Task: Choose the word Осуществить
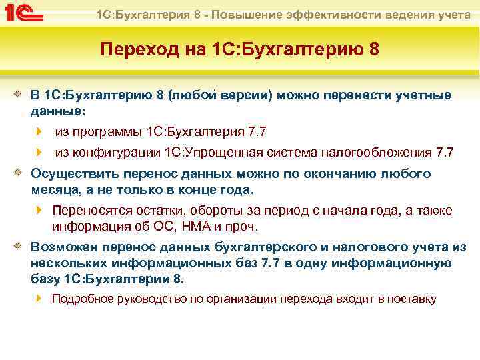(x=71, y=174)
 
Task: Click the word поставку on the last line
(x=411, y=299)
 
